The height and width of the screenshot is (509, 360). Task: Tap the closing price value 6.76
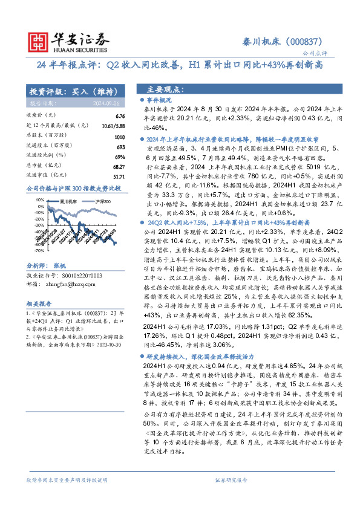click(x=120, y=115)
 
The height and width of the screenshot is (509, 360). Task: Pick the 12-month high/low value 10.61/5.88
click(x=114, y=125)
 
